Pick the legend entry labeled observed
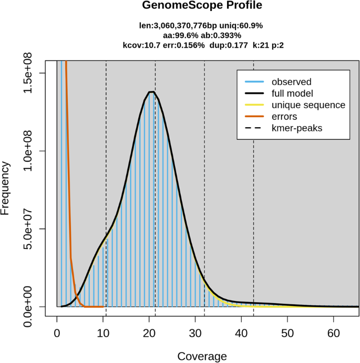291,82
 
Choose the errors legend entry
284,117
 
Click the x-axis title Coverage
202,356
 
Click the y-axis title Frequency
6,188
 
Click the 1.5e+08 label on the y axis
32,73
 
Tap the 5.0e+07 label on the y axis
32,229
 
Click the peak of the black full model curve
151,92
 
